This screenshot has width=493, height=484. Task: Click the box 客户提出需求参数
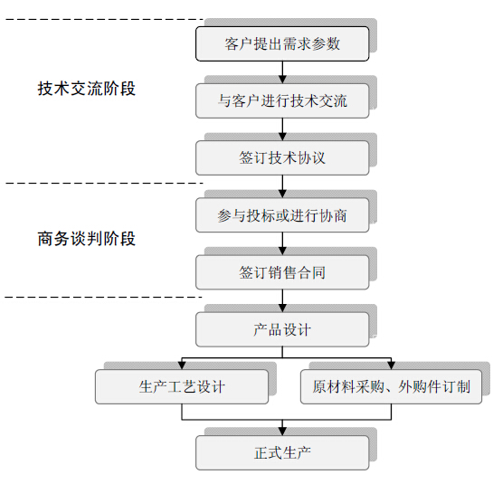coord(282,43)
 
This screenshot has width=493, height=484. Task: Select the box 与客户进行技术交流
coord(282,101)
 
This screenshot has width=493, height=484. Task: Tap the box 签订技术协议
coord(282,158)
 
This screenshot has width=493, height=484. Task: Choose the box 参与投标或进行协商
coord(282,215)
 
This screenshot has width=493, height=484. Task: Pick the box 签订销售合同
coord(282,272)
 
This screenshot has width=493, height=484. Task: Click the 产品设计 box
coord(282,329)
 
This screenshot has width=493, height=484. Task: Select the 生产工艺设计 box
coord(182,387)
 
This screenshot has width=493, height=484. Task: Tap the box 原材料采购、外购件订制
coord(391,387)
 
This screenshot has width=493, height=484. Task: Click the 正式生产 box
coord(282,453)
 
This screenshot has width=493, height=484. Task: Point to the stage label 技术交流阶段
coord(87,89)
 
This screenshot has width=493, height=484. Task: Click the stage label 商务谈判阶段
coord(87,239)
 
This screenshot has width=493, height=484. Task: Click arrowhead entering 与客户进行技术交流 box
coord(282,80)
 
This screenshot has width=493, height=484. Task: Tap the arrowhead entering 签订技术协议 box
coord(282,137)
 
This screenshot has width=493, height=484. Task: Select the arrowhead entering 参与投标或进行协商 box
coord(282,194)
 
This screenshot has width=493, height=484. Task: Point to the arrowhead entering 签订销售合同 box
coord(282,251)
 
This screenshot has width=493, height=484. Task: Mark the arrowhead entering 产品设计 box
coord(282,308)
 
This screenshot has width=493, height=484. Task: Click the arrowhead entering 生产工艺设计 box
coord(182,365)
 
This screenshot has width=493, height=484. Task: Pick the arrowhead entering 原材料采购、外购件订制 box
coord(391,365)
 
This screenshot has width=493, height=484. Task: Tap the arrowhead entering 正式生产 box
coord(282,432)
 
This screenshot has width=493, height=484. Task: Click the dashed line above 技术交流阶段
coord(105,20)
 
